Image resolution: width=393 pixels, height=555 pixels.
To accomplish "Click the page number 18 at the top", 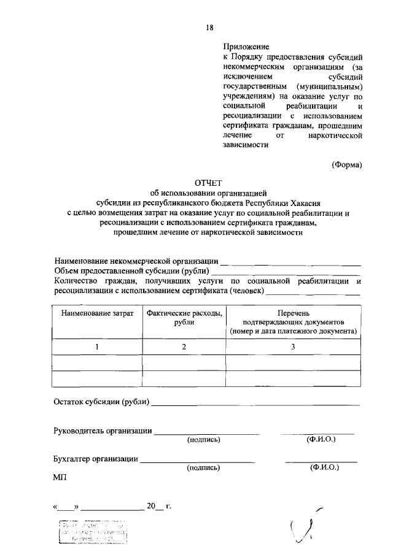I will click(209, 26).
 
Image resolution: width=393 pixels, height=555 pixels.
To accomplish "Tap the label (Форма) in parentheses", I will click(347, 164).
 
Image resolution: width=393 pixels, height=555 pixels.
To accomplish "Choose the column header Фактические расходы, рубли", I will click(184, 318).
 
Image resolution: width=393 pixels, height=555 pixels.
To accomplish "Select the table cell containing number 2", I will click(184, 347).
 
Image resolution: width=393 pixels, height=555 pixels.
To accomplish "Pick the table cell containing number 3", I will click(293, 347).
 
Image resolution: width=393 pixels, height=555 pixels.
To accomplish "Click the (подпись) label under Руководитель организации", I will click(203, 439).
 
